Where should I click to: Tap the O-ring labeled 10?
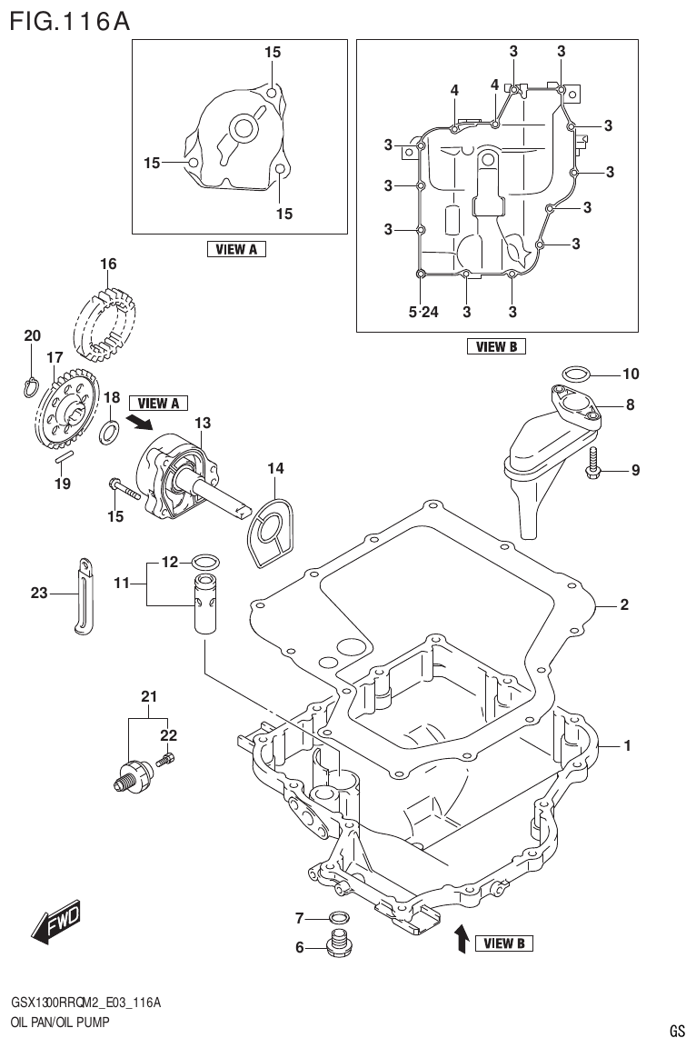(574, 373)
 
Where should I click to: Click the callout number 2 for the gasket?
(624, 604)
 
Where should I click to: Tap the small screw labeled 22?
(166, 758)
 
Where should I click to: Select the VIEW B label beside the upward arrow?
(499, 943)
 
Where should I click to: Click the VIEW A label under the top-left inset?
(236, 249)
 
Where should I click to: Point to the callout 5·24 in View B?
(423, 313)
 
